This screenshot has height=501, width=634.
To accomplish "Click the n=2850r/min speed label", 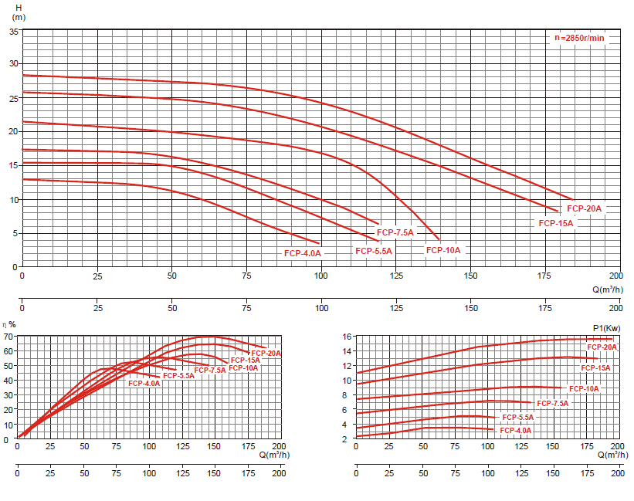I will [x=579, y=38].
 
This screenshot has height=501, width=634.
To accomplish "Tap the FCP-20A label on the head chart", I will [x=584, y=208].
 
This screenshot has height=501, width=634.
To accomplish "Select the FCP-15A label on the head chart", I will [x=556, y=223].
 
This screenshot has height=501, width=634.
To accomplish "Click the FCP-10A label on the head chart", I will [x=443, y=250].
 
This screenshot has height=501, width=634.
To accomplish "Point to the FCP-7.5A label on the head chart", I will [x=395, y=232].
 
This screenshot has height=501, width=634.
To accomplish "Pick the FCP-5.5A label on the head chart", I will [x=374, y=251].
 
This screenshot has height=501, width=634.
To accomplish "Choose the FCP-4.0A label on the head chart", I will [x=302, y=253].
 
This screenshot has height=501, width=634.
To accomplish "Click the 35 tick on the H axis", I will [x=14, y=32].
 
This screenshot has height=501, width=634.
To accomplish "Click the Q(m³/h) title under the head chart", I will [x=607, y=289].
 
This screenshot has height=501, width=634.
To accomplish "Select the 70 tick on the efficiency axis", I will [x=8, y=337].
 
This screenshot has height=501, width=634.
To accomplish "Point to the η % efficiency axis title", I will [x=9, y=324].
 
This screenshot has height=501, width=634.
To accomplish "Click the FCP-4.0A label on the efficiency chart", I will [x=144, y=384].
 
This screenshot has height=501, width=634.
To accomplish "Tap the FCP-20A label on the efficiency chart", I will [x=266, y=354].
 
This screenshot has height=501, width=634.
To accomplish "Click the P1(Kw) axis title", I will [x=606, y=328].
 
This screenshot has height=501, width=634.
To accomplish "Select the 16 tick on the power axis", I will [x=348, y=337].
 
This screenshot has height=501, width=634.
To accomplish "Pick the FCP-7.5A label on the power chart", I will [x=552, y=404].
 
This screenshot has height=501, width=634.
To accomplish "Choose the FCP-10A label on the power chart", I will [x=583, y=389].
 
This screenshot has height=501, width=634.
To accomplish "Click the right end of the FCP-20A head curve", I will [x=573, y=199].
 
